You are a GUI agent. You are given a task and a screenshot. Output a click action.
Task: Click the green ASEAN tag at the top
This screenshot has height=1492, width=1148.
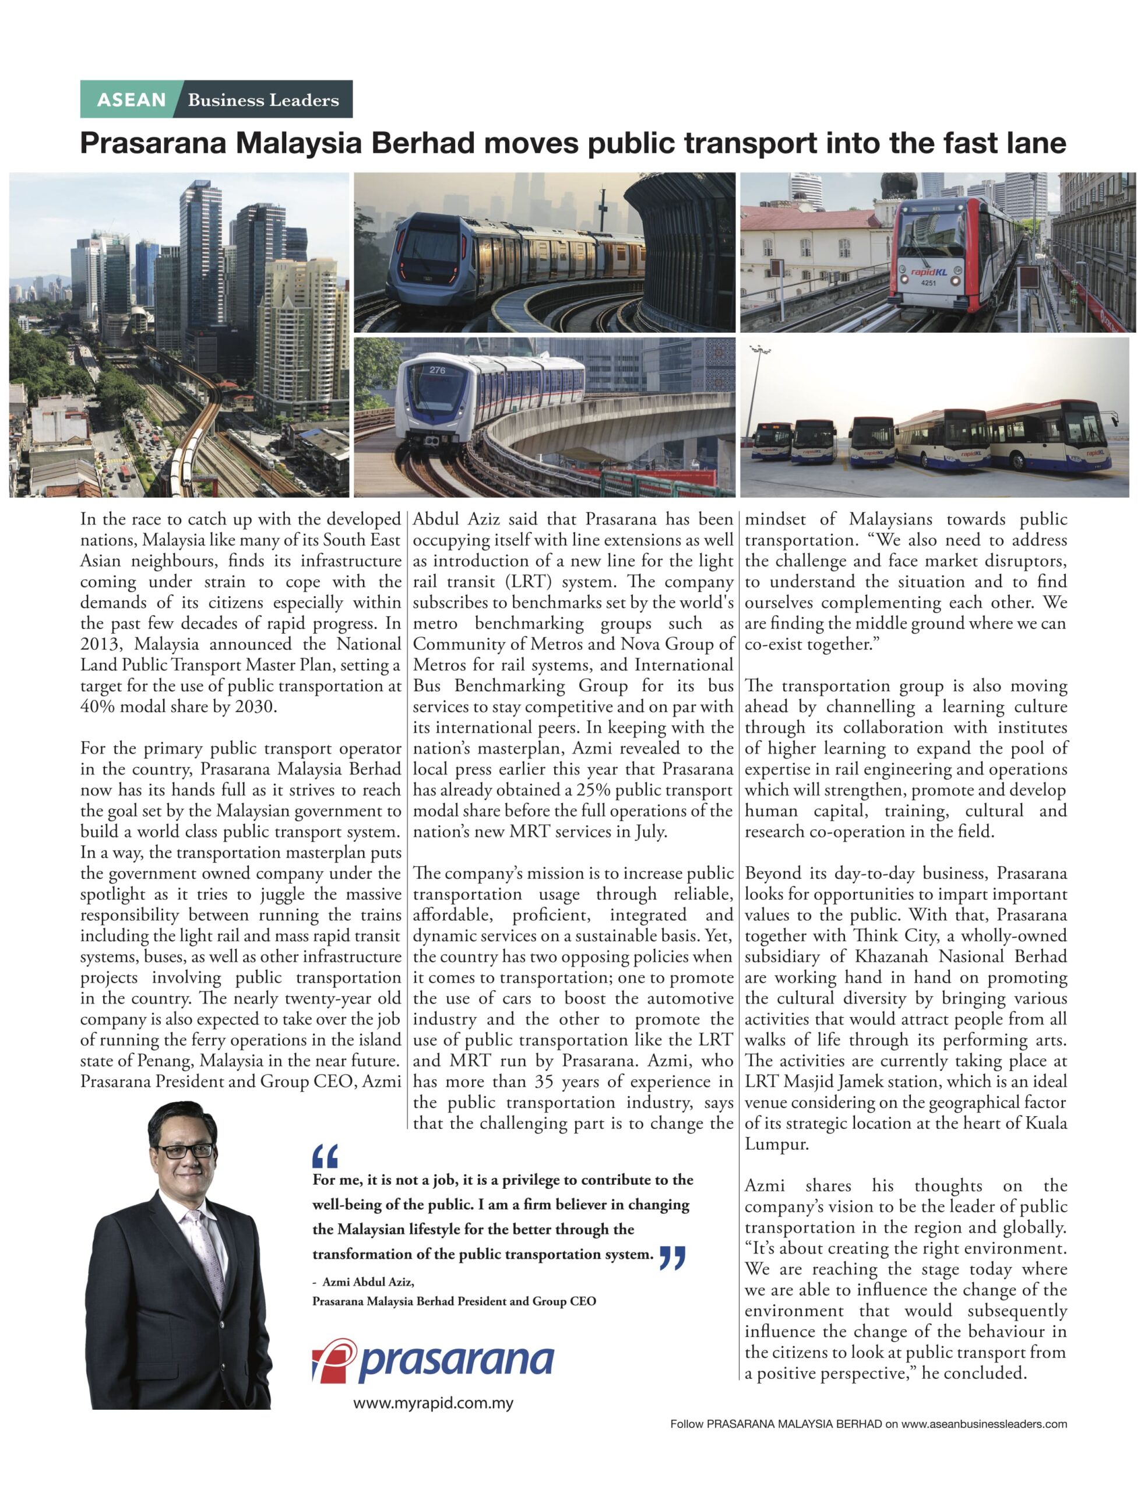pyautogui.click(x=131, y=100)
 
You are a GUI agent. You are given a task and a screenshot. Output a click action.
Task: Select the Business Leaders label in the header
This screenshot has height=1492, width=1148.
pyautogui.click(x=263, y=100)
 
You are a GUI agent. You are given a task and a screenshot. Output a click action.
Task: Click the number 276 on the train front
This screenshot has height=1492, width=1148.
pyautogui.click(x=437, y=370)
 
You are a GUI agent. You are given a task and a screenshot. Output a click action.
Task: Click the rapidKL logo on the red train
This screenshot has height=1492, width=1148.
pyautogui.click(x=927, y=272)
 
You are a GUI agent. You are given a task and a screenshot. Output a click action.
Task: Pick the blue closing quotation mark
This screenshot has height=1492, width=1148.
pyautogui.click(x=672, y=1257)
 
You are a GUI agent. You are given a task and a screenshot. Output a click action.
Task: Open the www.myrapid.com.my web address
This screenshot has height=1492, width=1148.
pyautogui.click(x=433, y=1404)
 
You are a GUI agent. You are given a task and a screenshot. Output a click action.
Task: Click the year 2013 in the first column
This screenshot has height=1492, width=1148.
pyautogui.click(x=100, y=644)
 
